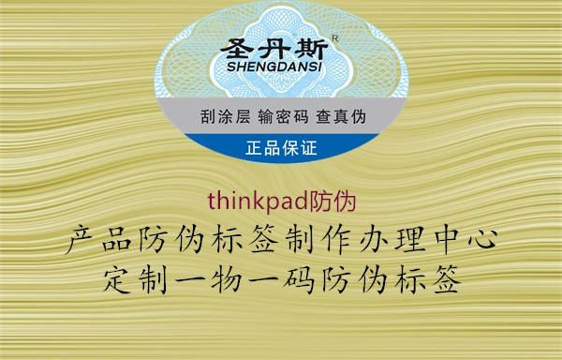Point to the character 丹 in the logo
279,47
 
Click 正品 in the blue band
262,147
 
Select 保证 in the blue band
300,147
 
